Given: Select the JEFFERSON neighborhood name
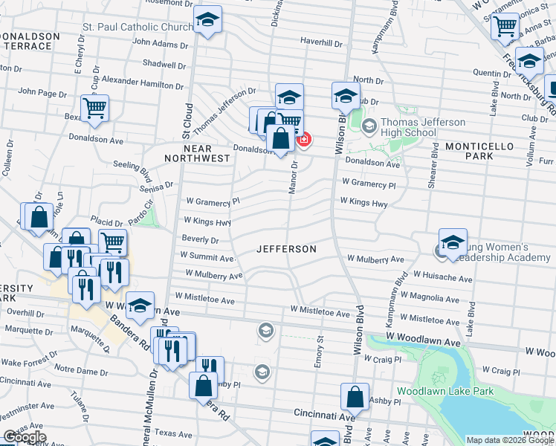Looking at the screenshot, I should point(286,249).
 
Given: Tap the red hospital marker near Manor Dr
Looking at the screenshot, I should point(303,139).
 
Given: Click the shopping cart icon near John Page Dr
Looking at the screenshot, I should point(94,109).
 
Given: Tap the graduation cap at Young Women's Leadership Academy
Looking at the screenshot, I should point(452,242).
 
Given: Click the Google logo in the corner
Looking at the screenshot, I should point(24,437).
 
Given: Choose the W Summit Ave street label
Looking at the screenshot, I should point(207,257).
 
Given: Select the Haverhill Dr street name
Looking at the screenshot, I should point(321,42).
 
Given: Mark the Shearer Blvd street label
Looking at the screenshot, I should point(433,174).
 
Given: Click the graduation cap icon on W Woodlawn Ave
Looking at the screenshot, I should point(140,305).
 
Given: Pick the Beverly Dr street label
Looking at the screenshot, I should point(200,240).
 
